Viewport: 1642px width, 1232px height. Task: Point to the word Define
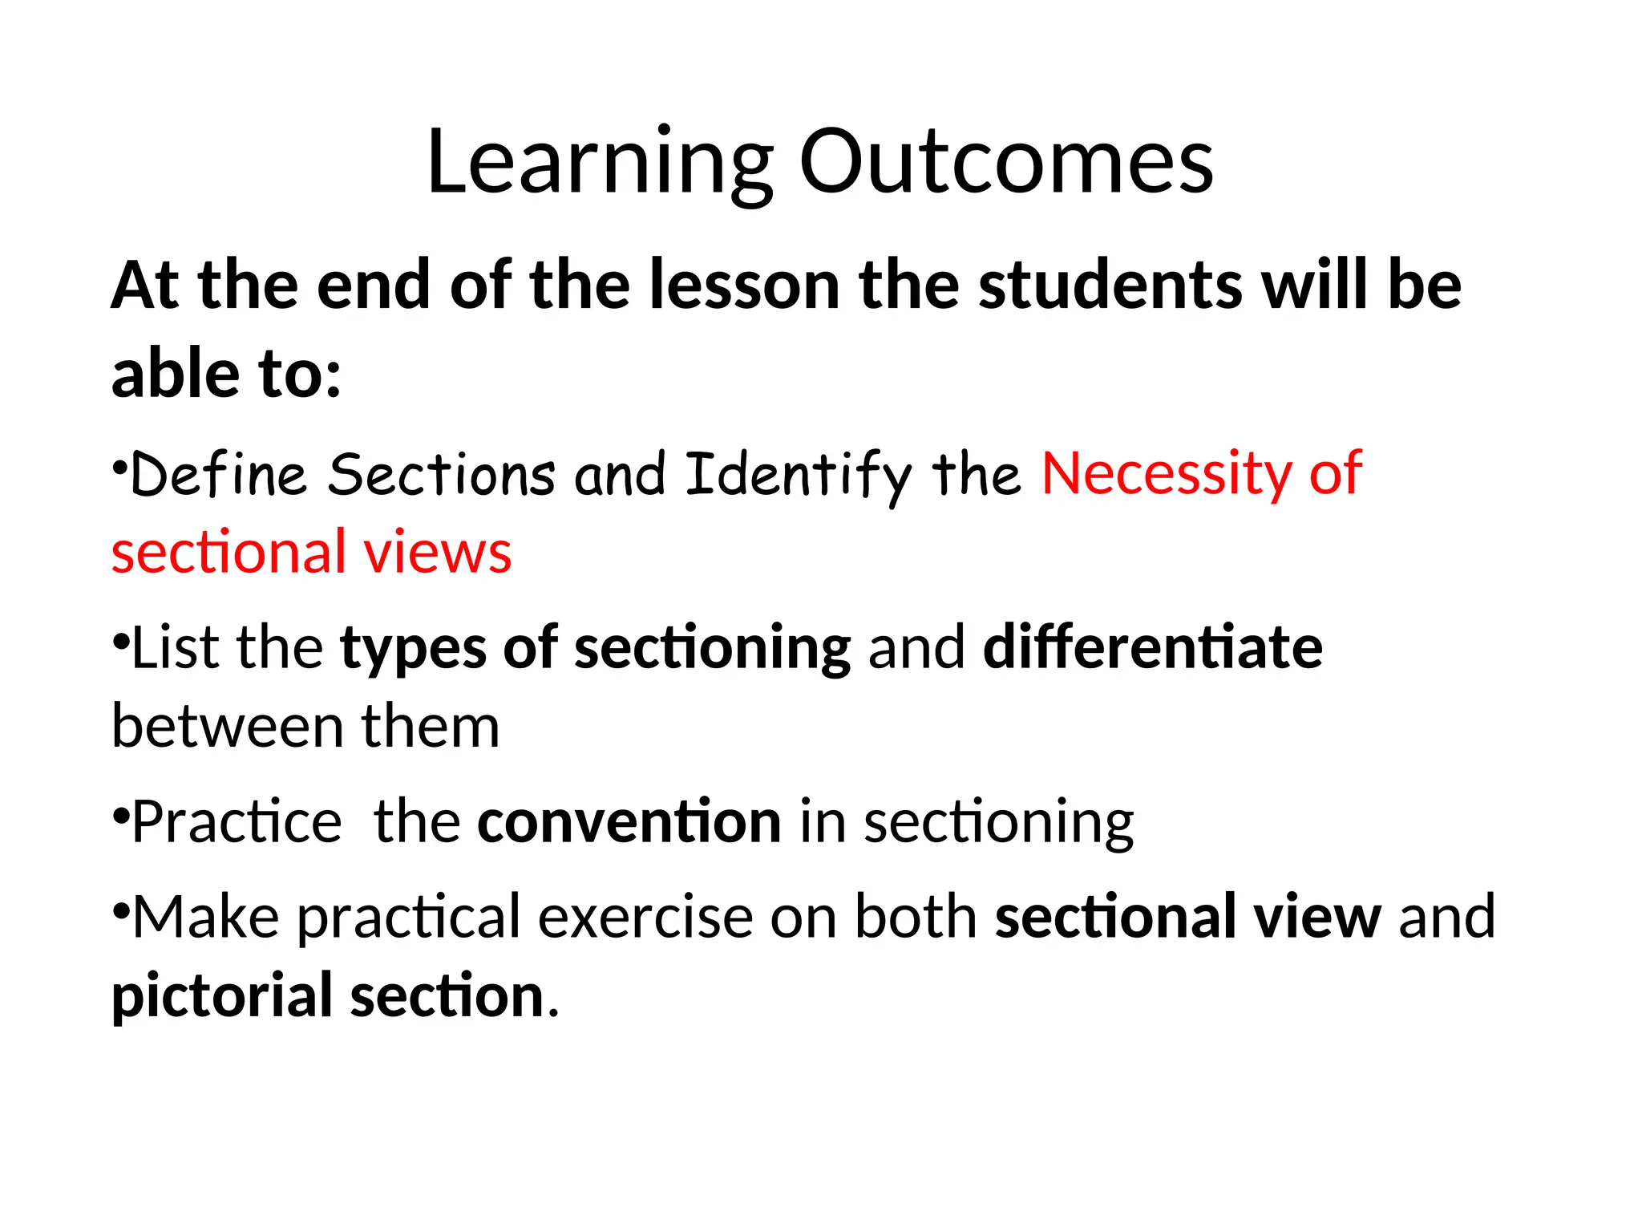pos(218,474)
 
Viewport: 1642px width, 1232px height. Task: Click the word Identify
pos(798,476)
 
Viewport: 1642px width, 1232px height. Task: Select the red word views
pos(438,553)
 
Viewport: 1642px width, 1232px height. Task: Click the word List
pos(170,647)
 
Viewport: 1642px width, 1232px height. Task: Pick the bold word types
pos(412,649)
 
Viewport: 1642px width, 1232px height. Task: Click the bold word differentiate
pos(1152,647)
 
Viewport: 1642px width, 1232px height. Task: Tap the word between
pos(227,727)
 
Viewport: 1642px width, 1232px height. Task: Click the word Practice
pos(237,822)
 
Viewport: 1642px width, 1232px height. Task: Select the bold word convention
pos(629,822)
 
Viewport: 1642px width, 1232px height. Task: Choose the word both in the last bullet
pos(915,917)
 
